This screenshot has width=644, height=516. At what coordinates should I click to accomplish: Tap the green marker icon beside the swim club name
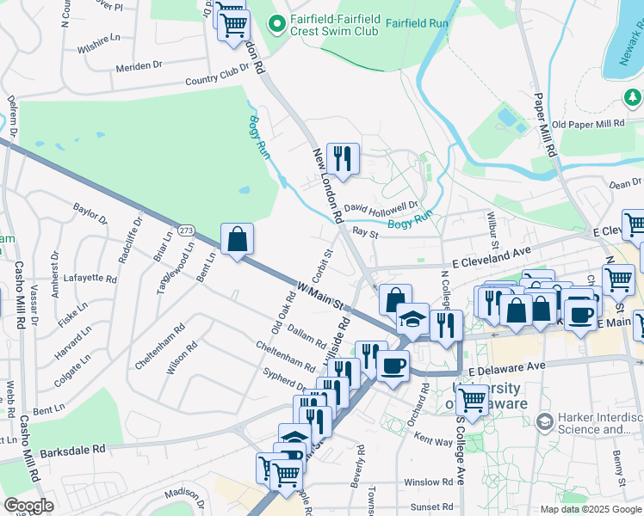tap(276, 25)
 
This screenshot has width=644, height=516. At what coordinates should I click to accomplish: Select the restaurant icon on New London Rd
tap(343, 158)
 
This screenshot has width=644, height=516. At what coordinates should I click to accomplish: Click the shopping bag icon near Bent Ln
tap(237, 238)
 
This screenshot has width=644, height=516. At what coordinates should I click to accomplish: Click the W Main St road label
tap(321, 295)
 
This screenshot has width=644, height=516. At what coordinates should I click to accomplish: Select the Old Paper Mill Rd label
tap(588, 124)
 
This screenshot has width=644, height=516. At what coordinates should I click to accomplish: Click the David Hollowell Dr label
tap(381, 207)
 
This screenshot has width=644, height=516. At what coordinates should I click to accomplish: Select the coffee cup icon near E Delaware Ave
tap(393, 365)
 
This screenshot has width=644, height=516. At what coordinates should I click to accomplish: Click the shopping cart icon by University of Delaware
tap(472, 398)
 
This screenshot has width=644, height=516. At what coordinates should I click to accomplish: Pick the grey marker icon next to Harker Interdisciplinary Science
tap(543, 421)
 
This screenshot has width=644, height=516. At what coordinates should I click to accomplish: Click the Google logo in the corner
tap(28, 506)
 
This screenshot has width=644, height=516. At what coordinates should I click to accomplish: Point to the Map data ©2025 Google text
tap(591, 509)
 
